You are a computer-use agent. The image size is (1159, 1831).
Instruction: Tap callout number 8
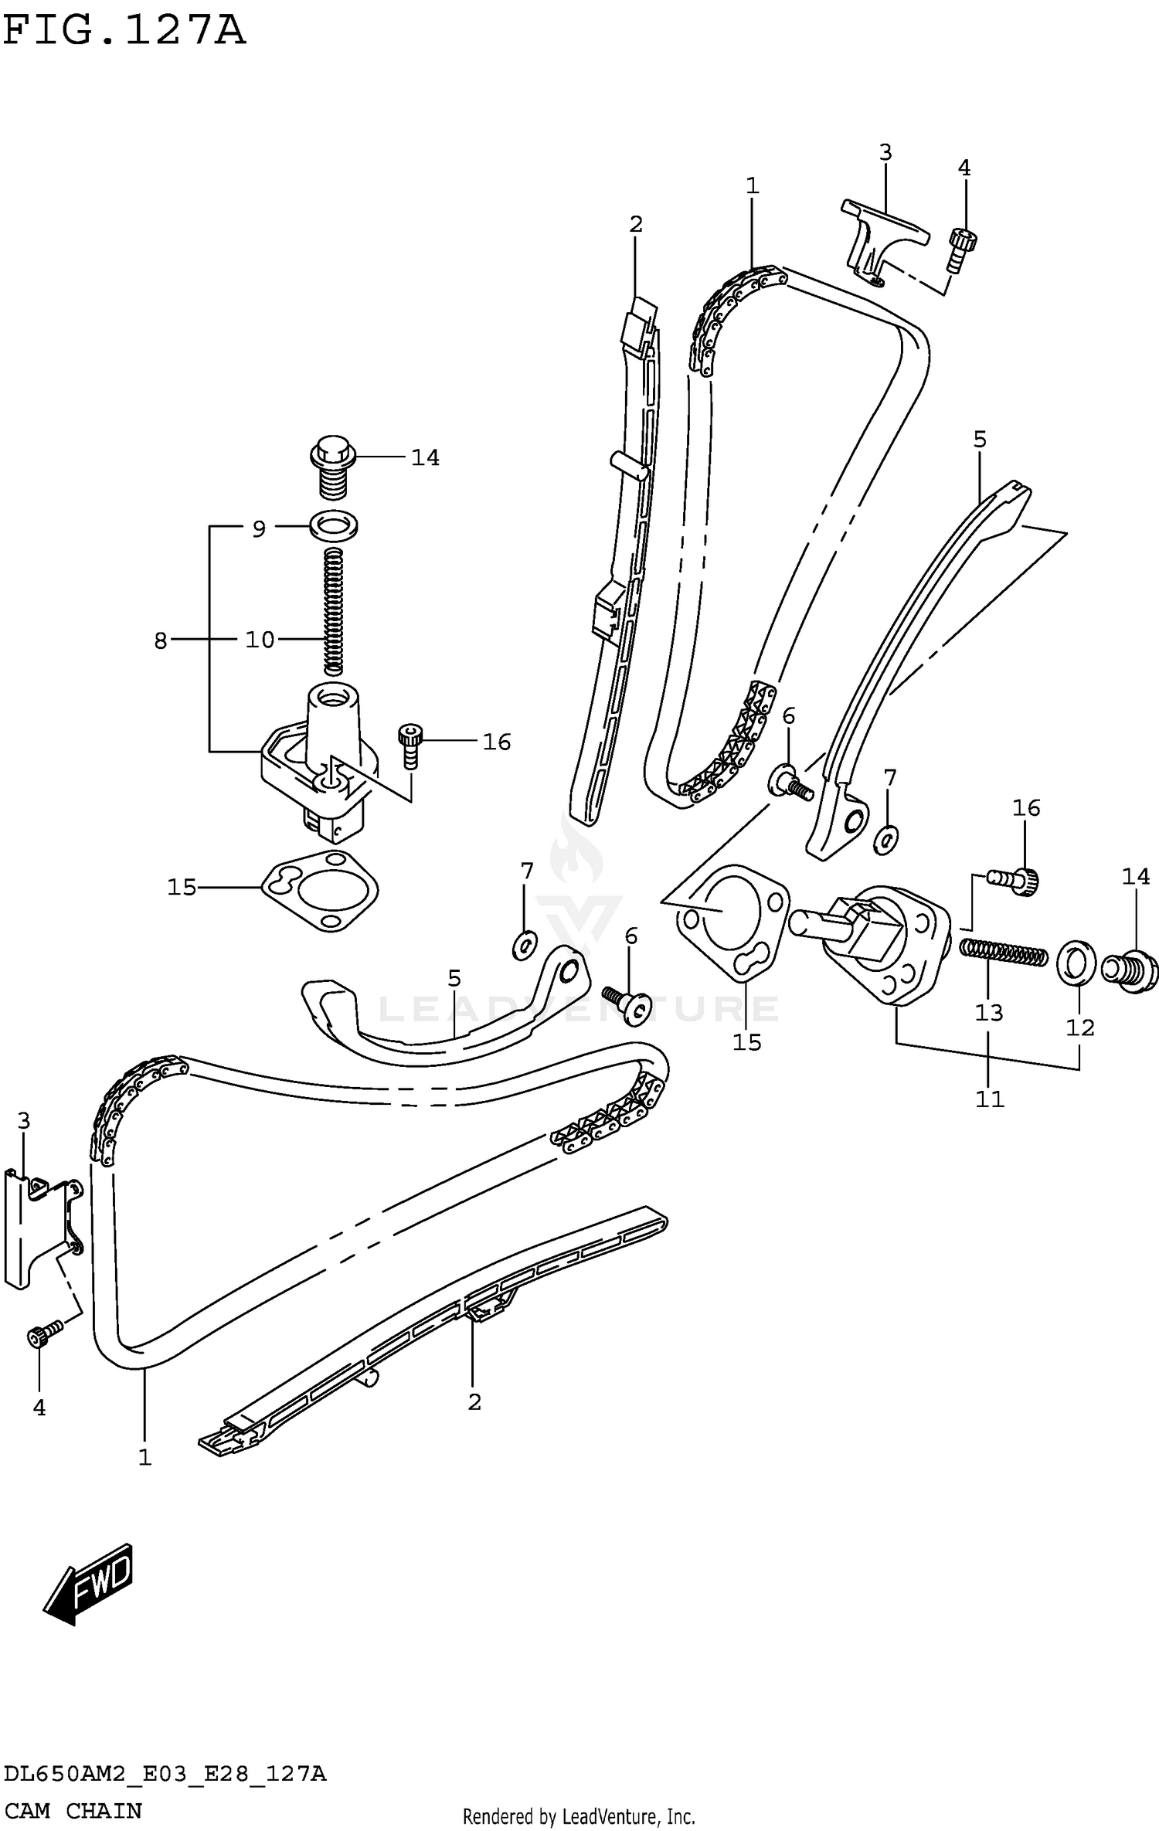click(161, 640)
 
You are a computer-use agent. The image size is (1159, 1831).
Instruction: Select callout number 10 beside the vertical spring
click(260, 640)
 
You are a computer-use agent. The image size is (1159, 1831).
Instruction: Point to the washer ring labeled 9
click(334, 526)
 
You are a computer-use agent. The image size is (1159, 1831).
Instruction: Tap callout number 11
click(989, 1099)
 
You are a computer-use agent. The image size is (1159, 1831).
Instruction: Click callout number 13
click(988, 1012)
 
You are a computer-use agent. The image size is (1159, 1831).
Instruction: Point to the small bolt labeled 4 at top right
click(961, 250)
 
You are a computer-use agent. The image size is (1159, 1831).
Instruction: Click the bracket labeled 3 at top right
click(881, 236)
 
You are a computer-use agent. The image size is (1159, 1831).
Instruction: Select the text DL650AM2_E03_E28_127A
click(164, 1768)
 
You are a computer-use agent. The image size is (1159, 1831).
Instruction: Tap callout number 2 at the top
click(635, 224)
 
